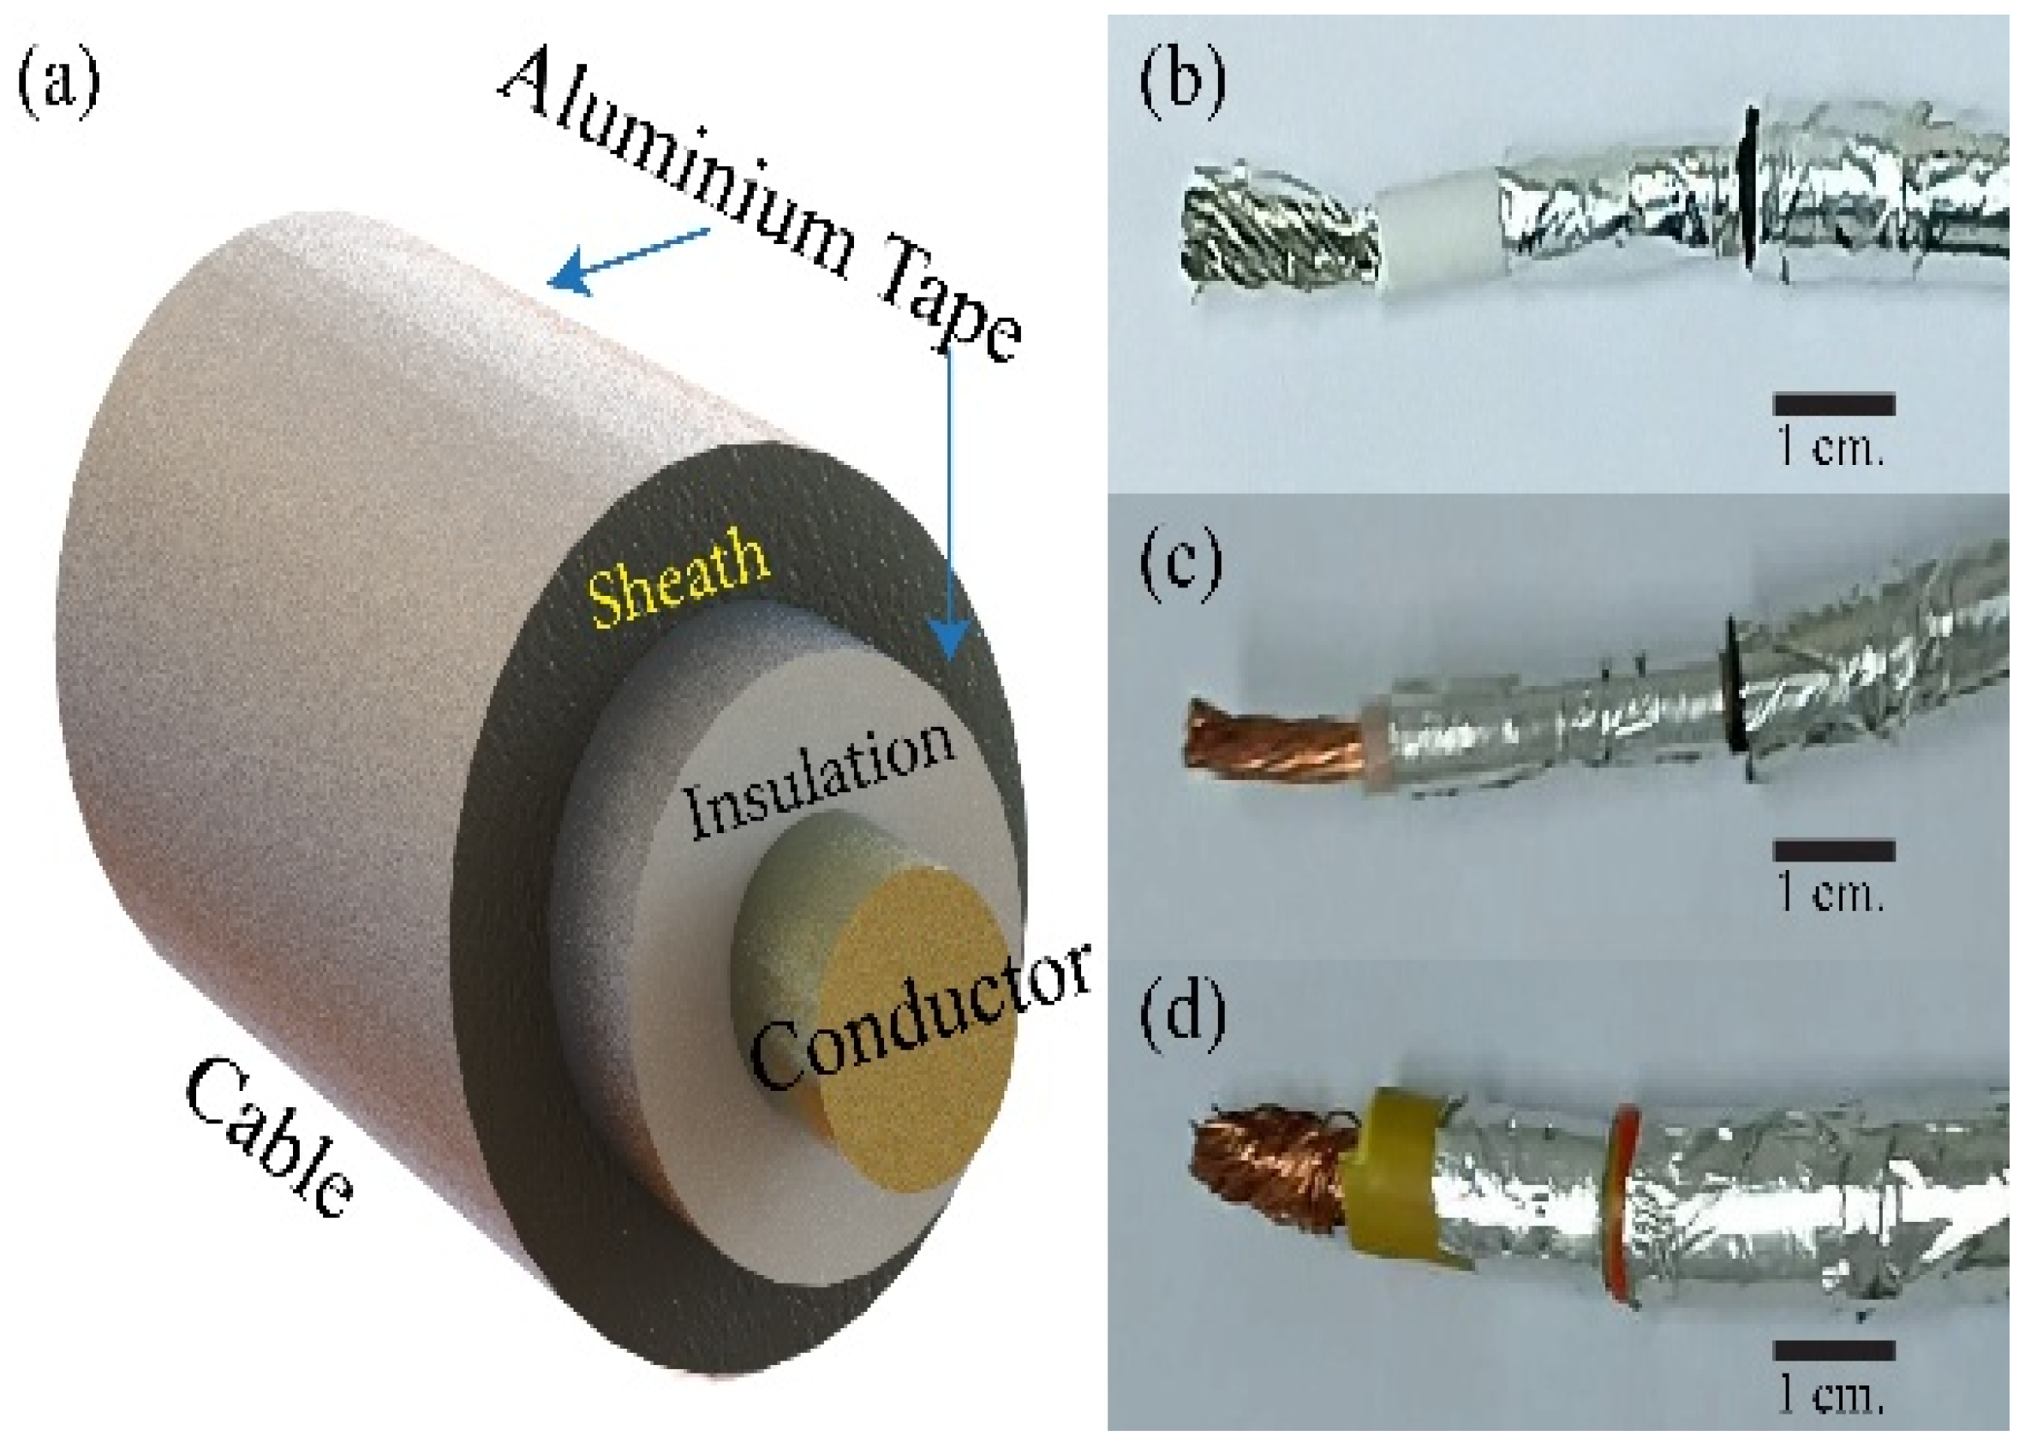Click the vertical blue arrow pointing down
point(949,509)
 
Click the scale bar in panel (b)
point(1833,406)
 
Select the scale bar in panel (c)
point(1833,851)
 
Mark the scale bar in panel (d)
point(1833,1351)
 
